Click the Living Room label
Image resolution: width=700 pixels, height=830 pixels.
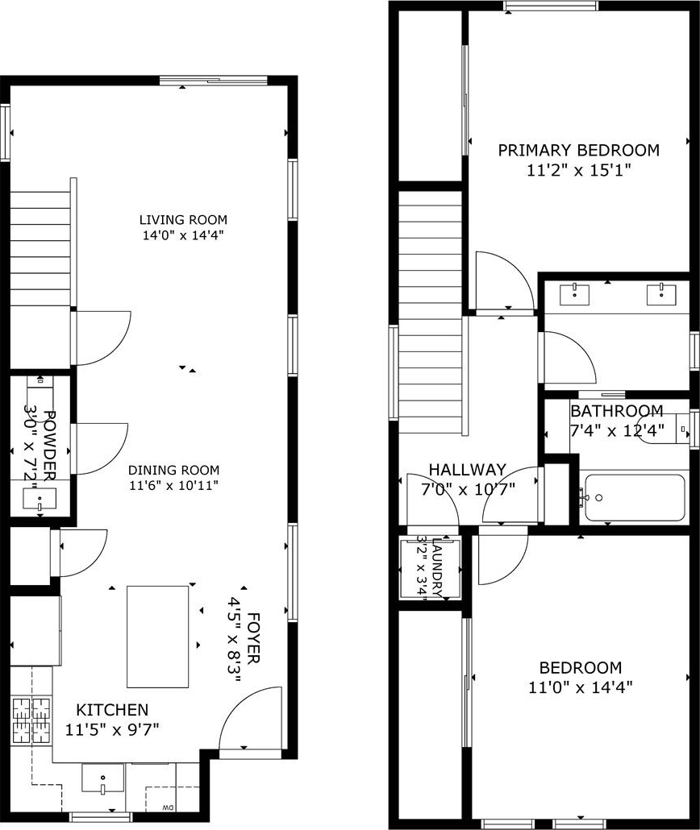183,220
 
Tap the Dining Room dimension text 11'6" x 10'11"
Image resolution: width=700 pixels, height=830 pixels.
174,485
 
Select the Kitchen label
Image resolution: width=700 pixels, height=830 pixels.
112,710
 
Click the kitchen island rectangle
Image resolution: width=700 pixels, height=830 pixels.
158,636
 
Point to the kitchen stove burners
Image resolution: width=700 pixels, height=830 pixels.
31,721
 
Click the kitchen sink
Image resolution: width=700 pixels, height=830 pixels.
102,778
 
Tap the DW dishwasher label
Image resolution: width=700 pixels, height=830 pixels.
168,807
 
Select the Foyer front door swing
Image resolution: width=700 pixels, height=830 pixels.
250,718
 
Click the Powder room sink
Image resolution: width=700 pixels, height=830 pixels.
40,499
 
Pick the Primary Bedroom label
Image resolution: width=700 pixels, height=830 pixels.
579,151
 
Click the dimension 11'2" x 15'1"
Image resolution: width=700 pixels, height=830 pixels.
579,171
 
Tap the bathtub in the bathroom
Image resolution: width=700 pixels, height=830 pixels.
634,497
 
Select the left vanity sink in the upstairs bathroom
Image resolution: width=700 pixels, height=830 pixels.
575,294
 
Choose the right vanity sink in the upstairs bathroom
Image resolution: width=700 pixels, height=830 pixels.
661,294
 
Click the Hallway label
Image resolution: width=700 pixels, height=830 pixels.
468,470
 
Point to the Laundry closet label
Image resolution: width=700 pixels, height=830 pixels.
438,567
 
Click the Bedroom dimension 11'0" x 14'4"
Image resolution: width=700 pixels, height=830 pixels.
581,687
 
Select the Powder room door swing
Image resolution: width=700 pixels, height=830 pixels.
102,448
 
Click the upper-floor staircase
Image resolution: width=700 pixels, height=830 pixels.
431,313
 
